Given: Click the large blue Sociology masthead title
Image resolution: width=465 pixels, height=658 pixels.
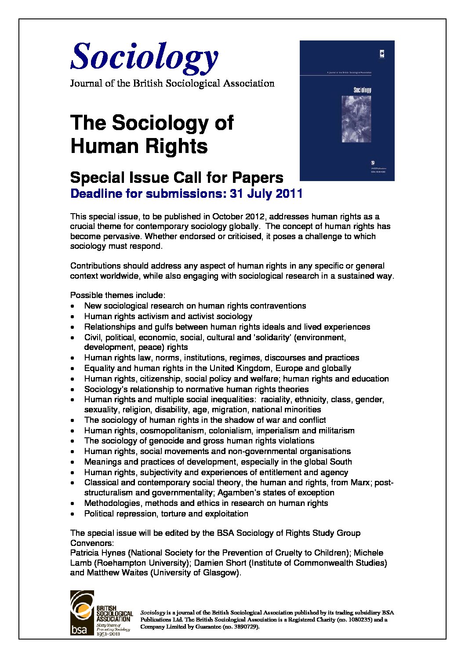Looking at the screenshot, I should coord(144,57).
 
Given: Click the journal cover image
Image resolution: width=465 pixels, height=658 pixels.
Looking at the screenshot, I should coord(347,110).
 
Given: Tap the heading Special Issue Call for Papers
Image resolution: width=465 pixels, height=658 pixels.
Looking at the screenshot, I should coord(177,178).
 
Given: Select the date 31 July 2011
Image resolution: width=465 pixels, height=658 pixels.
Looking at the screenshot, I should coord(266,193).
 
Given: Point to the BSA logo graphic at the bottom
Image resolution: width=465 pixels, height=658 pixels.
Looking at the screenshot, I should coord(83,613).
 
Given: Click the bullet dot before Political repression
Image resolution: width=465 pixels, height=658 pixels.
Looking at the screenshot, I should coord(73,514).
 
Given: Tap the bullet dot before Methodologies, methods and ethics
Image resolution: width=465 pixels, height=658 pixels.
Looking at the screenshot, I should coord(73,503).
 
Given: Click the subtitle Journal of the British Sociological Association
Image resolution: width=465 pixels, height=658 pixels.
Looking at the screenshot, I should coord(172,84).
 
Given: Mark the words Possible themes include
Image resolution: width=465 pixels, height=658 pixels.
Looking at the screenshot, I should coord(117,295).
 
